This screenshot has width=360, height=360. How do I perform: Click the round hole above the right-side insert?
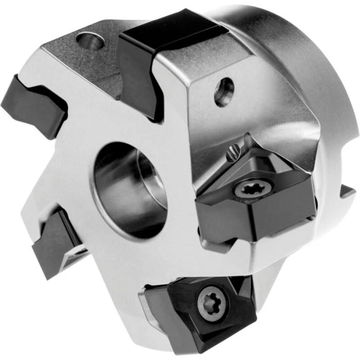tap(224, 92)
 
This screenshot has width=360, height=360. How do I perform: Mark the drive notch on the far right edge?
tap(346, 193)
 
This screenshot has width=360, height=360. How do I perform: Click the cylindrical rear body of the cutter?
tap(303, 62)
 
